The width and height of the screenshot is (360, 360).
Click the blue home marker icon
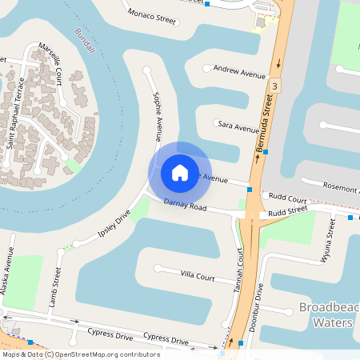(180, 172)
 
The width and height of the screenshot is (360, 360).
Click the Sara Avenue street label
(238, 126)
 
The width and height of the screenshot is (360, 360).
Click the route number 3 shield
(274, 85)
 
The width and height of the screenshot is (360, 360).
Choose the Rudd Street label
(288, 212)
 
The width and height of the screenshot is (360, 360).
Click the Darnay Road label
(185, 206)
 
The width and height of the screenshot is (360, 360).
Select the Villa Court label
(198, 276)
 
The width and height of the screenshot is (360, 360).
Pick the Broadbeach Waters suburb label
(326, 315)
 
